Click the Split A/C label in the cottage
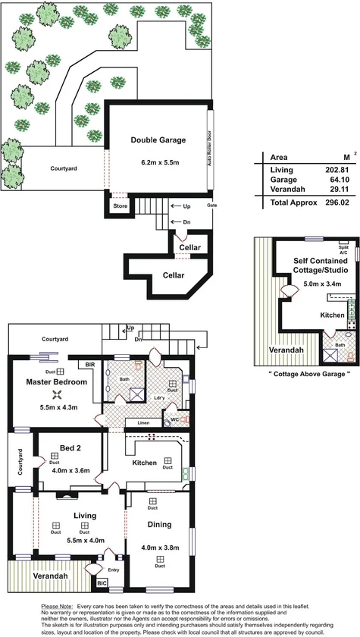(342, 247)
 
